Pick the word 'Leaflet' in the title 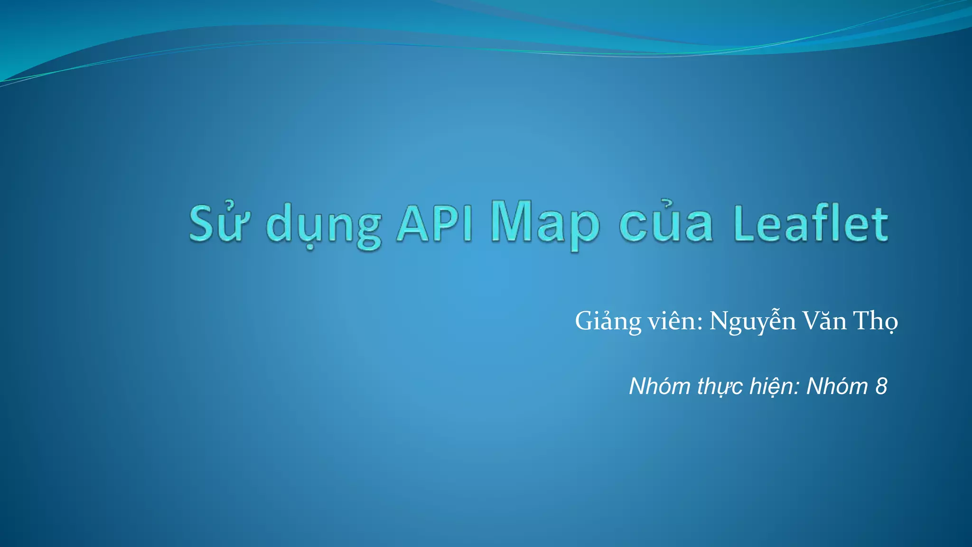point(811,223)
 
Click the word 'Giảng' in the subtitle point(608,321)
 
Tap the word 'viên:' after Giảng point(675,321)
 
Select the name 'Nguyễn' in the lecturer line point(752,322)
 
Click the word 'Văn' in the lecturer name point(825,321)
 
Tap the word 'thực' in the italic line point(720,387)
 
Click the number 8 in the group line point(881,386)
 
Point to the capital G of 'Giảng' point(584,321)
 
